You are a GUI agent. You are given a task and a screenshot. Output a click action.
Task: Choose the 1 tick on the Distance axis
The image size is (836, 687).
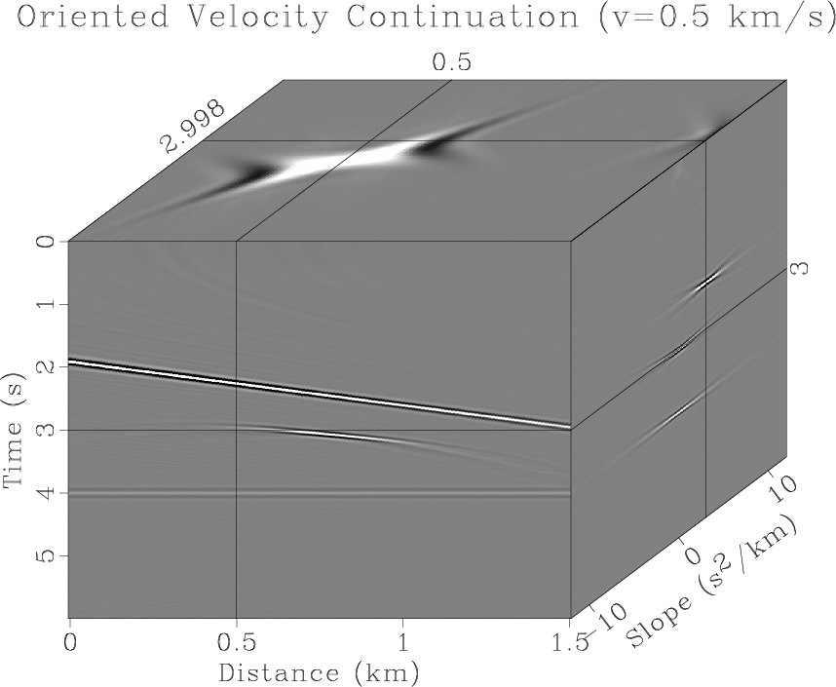click(x=402, y=642)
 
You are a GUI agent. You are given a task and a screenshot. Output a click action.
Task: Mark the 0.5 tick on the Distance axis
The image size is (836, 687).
click(x=236, y=642)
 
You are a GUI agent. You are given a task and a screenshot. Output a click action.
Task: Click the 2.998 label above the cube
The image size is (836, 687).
click(x=193, y=127)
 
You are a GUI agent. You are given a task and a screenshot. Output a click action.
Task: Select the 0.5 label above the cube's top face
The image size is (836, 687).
click(x=451, y=62)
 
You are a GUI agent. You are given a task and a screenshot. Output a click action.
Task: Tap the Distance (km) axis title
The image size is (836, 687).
click(x=319, y=671)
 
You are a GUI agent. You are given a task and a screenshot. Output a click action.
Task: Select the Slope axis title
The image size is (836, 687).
click(x=716, y=585)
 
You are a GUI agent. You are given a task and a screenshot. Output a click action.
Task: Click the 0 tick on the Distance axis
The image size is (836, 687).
click(x=69, y=642)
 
